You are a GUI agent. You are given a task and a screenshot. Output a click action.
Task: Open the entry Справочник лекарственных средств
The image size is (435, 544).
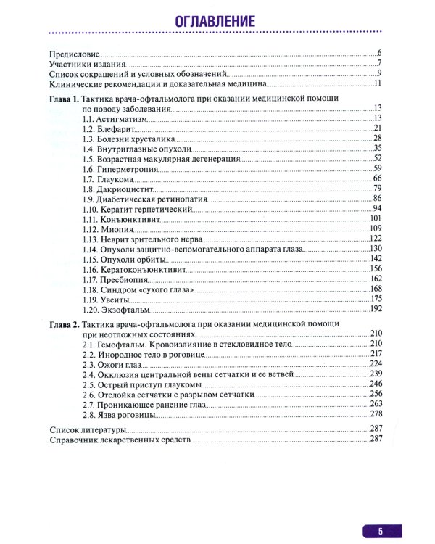[x=119, y=440]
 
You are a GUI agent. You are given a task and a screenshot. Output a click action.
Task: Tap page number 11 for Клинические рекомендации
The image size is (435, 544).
[x=378, y=85]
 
